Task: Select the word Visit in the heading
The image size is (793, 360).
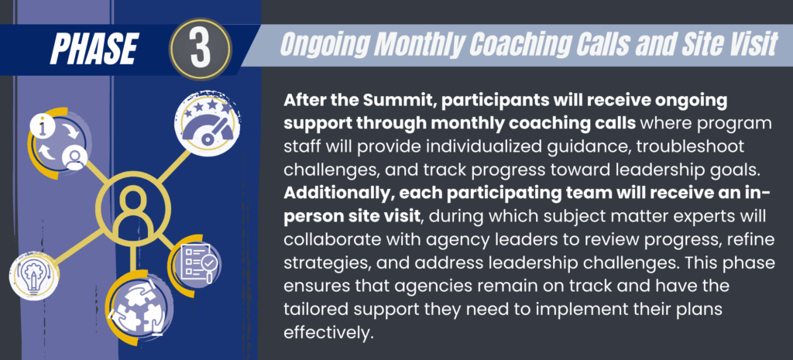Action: tap(743, 46)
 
